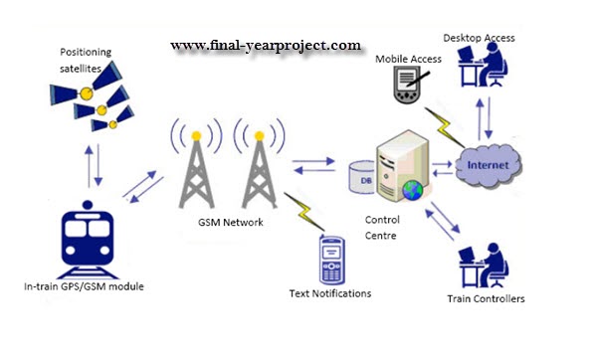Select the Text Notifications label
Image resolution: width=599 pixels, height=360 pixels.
click(331, 293)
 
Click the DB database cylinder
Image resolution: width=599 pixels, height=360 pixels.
click(360, 179)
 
